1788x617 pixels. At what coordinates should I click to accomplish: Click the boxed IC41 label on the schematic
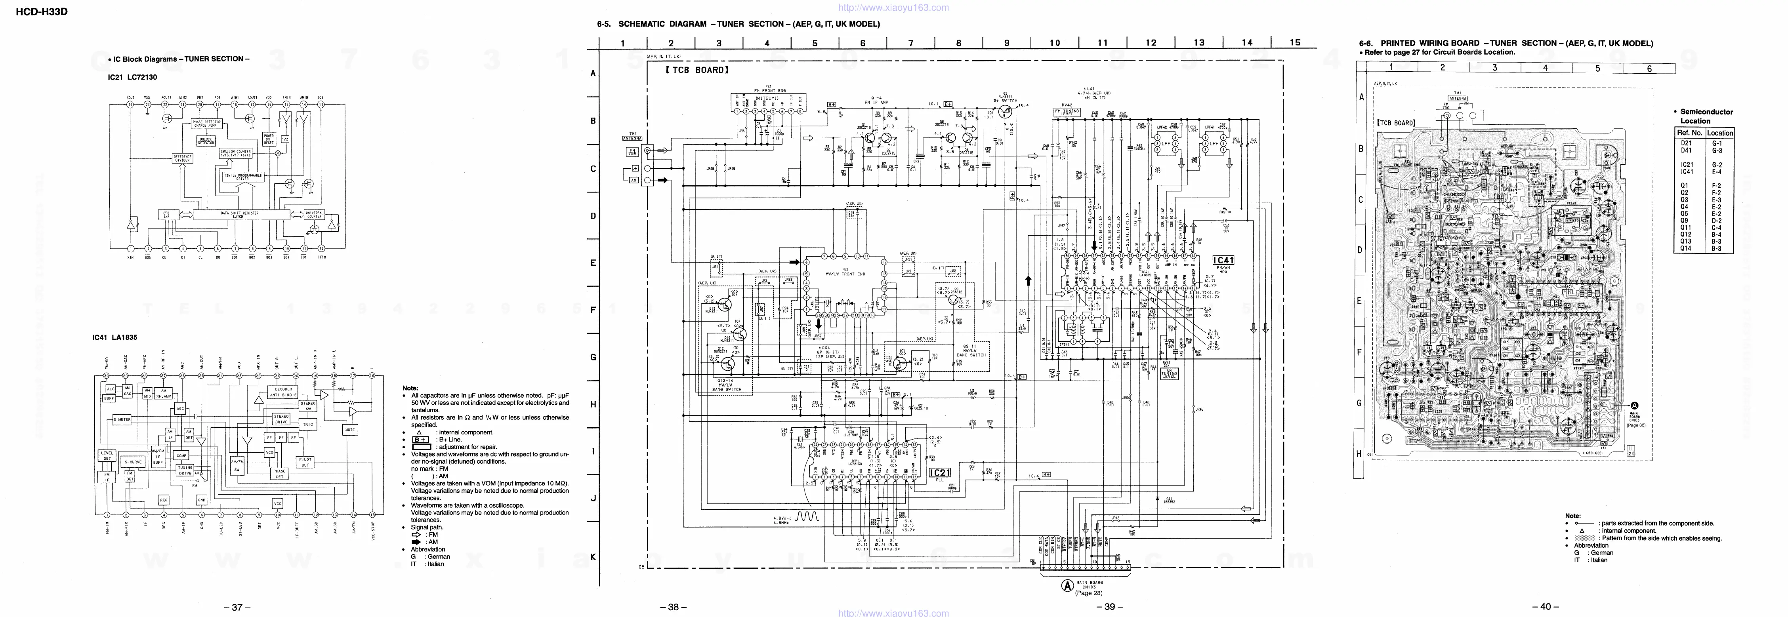(1223, 260)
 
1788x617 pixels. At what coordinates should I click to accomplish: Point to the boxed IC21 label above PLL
(939, 472)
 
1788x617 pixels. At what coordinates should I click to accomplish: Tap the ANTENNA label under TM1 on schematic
(633, 138)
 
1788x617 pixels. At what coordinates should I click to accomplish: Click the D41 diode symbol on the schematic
(1156, 499)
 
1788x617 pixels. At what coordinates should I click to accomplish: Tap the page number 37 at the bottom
(237, 607)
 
